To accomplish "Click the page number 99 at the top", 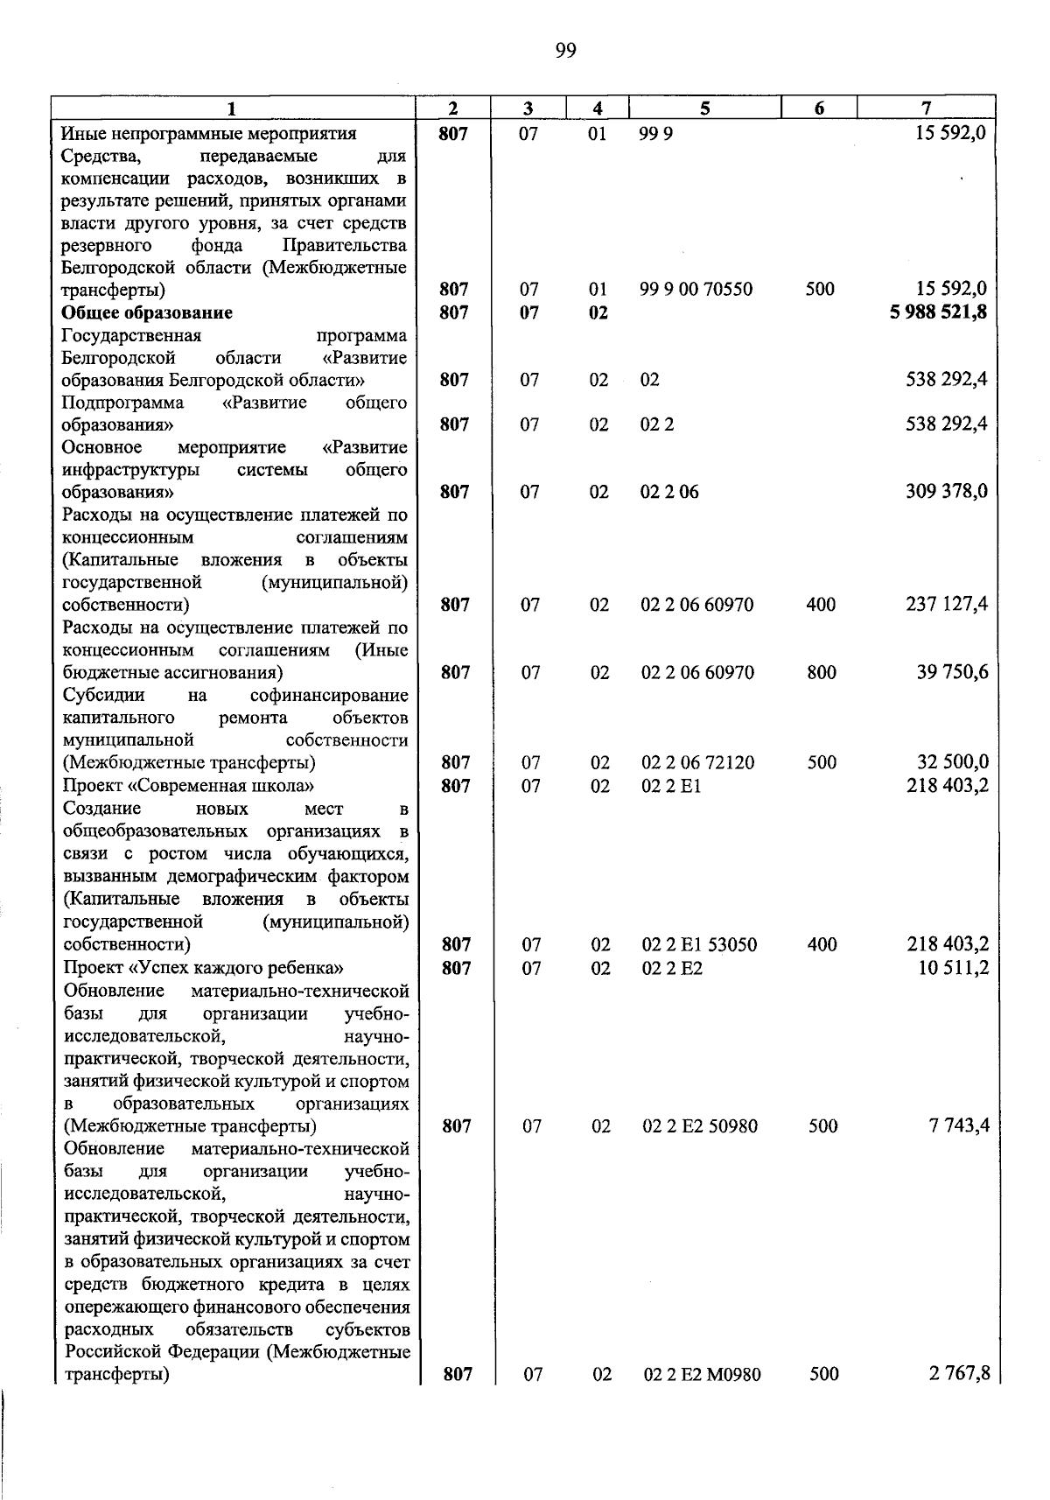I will tap(565, 51).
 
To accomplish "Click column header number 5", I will tap(704, 109).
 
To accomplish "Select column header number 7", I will tap(926, 109).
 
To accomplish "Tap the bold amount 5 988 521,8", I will tap(939, 312).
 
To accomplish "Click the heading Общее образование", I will tap(147, 312).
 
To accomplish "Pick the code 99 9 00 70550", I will tap(696, 290).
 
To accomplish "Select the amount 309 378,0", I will tap(947, 492).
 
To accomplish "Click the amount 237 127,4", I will tap(947, 605).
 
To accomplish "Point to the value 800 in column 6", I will tap(822, 673).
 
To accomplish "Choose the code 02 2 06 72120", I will tap(697, 763).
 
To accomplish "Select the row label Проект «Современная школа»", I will tap(188, 786).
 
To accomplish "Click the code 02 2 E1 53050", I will tap(700, 945).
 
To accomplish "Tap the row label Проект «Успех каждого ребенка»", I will tap(203, 968).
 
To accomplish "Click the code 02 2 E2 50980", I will tap(700, 1127).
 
